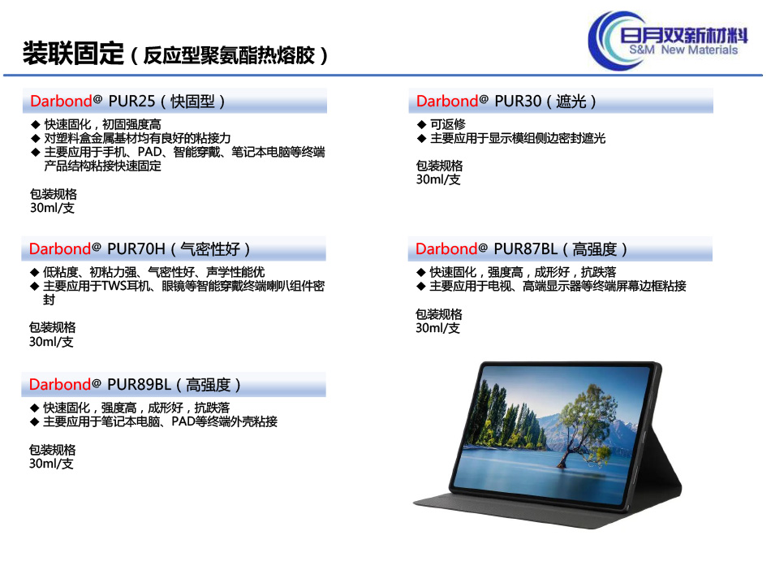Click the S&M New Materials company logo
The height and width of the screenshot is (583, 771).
668,41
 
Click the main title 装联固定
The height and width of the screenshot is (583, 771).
73,53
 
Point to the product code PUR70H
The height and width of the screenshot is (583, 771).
136,249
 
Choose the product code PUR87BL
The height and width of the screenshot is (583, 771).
526,249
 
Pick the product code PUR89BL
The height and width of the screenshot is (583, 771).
139,384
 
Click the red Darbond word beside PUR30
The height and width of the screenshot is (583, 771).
447,101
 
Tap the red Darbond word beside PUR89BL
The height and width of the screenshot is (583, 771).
60,384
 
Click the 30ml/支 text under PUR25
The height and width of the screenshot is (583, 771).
52,208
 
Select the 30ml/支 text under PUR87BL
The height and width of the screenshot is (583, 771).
437,328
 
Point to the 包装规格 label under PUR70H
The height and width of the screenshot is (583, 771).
52,327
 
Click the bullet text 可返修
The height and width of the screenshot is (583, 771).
447,124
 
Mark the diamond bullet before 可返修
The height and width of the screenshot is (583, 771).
421,124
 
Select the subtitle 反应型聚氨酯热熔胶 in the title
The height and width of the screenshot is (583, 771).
229,55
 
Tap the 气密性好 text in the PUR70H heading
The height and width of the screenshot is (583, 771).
210,249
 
